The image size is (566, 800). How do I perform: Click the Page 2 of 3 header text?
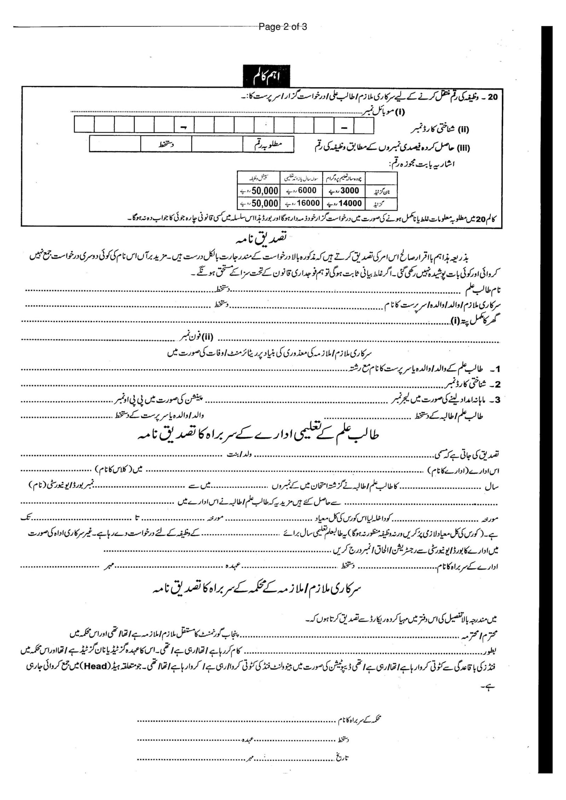pyautogui.click(x=283, y=27)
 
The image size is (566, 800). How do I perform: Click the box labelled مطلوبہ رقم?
pyautogui.click(x=268, y=145)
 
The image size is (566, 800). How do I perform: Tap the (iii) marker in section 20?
pyautogui.click(x=463, y=148)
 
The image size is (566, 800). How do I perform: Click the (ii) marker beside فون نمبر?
pyautogui.click(x=207, y=337)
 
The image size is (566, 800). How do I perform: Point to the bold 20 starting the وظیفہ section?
pyautogui.click(x=492, y=97)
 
